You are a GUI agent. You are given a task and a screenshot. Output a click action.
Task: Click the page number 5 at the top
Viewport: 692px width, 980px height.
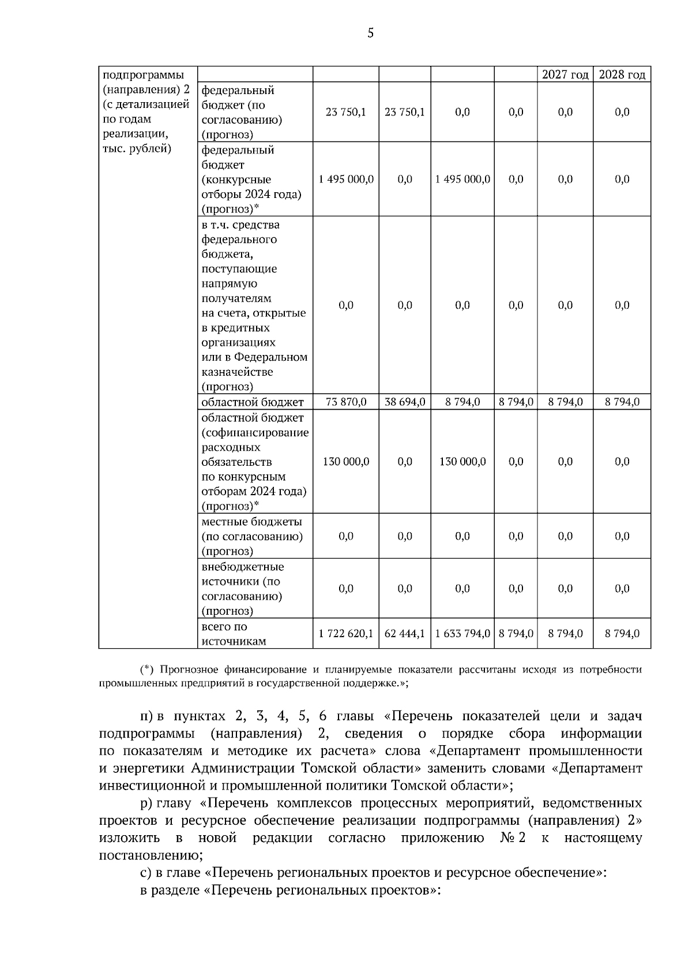[x=370, y=33]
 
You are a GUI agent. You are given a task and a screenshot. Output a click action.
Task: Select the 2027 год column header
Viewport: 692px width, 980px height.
[x=565, y=75]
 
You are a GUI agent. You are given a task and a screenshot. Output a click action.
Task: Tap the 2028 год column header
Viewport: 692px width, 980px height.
[x=622, y=75]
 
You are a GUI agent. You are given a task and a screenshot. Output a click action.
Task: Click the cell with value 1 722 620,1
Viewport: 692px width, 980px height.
[x=346, y=634]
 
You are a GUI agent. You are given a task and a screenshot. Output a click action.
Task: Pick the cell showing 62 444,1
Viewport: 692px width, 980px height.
[x=405, y=634]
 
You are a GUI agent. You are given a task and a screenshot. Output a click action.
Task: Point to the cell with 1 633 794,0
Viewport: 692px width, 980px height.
[x=462, y=634]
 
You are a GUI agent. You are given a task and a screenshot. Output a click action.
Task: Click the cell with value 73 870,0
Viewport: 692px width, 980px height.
[x=346, y=402]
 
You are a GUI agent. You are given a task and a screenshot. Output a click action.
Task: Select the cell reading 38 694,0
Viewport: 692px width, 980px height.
[x=405, y=402]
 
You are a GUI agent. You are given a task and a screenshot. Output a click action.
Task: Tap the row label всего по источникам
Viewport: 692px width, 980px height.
[x=234, y=634]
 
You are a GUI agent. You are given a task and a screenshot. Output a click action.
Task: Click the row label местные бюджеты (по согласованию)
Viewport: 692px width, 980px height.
[x=252, y=536]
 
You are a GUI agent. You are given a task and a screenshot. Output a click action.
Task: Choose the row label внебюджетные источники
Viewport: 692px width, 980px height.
[x=242, y=588]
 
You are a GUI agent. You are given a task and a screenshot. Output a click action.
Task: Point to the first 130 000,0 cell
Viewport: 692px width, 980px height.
[x=346, y=462]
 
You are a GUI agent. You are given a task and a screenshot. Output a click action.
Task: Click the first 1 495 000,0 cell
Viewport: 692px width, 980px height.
[x=346, y=179]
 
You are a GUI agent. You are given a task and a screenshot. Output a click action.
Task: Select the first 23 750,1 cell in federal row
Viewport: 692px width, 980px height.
[x=346, y=113]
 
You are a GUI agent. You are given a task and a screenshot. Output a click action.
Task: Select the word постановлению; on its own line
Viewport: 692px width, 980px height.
[x=151, y=855]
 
